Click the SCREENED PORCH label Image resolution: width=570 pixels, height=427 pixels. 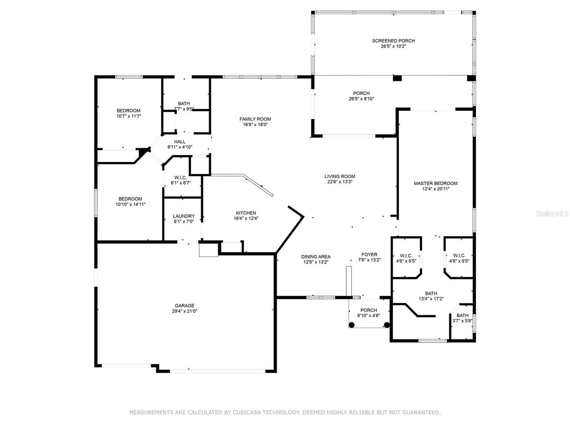point(393,41)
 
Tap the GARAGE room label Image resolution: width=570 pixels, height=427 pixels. point(184,306)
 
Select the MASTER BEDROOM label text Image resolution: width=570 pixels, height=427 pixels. point(435,183)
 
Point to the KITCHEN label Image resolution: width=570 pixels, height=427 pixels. point(246,213)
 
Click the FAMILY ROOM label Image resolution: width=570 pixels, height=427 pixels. point(255,119)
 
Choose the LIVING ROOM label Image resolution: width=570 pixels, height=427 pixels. point(340,177)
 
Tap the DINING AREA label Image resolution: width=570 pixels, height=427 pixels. point(316,257)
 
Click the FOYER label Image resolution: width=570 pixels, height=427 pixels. point(370,255)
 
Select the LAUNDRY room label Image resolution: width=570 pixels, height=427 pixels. point(184,216)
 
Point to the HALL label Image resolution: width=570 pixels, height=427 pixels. point(180,142)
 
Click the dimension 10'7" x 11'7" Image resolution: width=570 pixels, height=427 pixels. point(128,117)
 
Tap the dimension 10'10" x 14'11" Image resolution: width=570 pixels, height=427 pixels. point(130,205)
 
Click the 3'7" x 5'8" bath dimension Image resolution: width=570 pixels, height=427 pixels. point(462,321)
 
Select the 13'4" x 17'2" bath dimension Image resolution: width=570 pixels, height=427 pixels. point(431,299)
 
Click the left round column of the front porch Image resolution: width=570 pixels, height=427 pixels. point(352,325)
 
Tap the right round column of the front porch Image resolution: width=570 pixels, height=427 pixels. point(387,325)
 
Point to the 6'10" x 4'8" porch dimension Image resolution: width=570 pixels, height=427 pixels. point(368,316)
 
